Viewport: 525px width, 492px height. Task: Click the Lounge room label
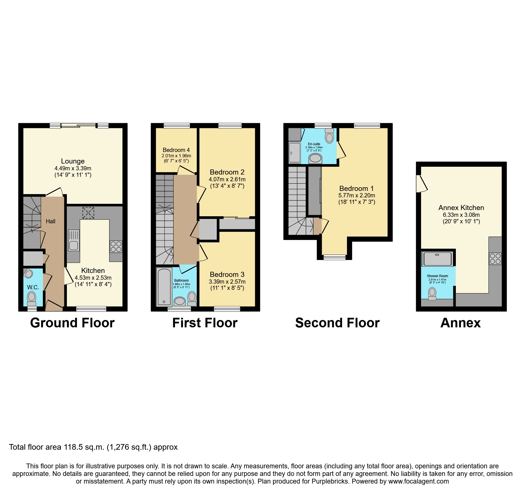[73, 161]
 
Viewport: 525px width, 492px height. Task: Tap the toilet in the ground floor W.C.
[31, 298]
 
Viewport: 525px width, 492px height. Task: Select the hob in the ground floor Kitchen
[116, 247]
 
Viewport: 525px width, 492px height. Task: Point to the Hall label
[51, 221]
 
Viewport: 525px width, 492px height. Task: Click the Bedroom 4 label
[176, 150]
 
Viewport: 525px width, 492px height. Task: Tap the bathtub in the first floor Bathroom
[164, 287]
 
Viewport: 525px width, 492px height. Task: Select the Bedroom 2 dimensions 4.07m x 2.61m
[227, 179]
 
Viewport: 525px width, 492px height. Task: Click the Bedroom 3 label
[227, 274]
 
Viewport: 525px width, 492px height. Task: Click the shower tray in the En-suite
[295, 153]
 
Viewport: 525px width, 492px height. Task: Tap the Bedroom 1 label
[356, 188]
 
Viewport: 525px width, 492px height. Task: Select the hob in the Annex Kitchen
[495, 259]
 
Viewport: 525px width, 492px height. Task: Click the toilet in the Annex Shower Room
[432, 294]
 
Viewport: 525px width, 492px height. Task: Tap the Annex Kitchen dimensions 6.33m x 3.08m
[461, 215]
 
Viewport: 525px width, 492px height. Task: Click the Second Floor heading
[337, 323]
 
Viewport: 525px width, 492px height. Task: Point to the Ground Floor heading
[72, 323]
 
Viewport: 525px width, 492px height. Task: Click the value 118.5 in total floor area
[72, 447]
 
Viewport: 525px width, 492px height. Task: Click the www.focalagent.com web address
[418, 481]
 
